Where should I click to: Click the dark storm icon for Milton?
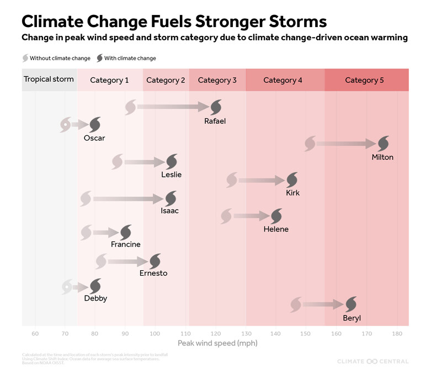point(382,144)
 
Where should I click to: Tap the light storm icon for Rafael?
point(131,107)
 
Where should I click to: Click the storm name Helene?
point(276,229)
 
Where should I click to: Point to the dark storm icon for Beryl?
point(351,304)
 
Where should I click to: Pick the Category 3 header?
point(217,80)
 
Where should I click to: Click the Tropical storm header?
point(49,80)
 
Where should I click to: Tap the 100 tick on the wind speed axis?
point(155,334)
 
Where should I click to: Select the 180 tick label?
point(396,334)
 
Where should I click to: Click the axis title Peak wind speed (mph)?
point(217,343)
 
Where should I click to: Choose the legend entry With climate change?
point(126,58)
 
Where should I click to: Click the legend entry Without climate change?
point(57,58)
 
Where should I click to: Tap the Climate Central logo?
point(373,361)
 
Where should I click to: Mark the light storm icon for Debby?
point(66,286)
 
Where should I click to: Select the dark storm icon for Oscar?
point(95,124)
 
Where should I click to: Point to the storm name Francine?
point(125,244)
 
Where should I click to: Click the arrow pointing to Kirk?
point(261,180)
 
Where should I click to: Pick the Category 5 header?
point(364,80)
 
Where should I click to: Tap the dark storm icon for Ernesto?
point(155,261)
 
